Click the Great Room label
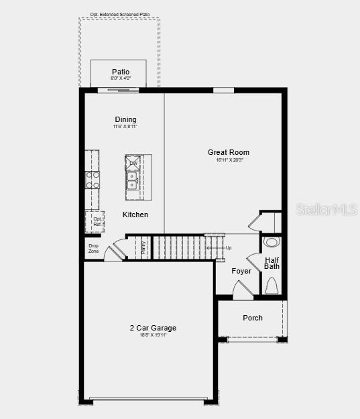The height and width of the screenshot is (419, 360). click(x=228, y=152)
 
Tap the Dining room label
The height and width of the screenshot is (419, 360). click(x=125, y=119)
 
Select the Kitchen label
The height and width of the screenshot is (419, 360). click(x=135, y=215)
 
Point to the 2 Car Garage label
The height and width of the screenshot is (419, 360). click(x=153, y=328)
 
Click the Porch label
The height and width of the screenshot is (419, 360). click(x=253, y=318)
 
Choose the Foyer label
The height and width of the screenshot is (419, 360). click(x=241, y=271)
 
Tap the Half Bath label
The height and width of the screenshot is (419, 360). click(x=272, y=263)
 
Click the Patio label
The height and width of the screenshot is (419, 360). click(x=121, y=72)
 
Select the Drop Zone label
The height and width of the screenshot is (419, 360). click(x=93, y=248)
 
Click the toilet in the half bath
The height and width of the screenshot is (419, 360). click(x=272, y=286)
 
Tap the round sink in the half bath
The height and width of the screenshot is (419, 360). click(x=272, y=242)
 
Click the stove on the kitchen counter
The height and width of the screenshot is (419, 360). click(x=93, y=180)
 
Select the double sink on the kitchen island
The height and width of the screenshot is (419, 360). click(x=133, y=181)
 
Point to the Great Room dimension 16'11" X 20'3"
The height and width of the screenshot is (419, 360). click(x=229, y=160)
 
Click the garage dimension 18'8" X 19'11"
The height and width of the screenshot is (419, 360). click(x=153, y=335)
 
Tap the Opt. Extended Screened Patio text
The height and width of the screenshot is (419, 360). click(x=119, y=13)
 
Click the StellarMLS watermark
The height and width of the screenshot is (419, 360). click(x=326, y=209)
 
